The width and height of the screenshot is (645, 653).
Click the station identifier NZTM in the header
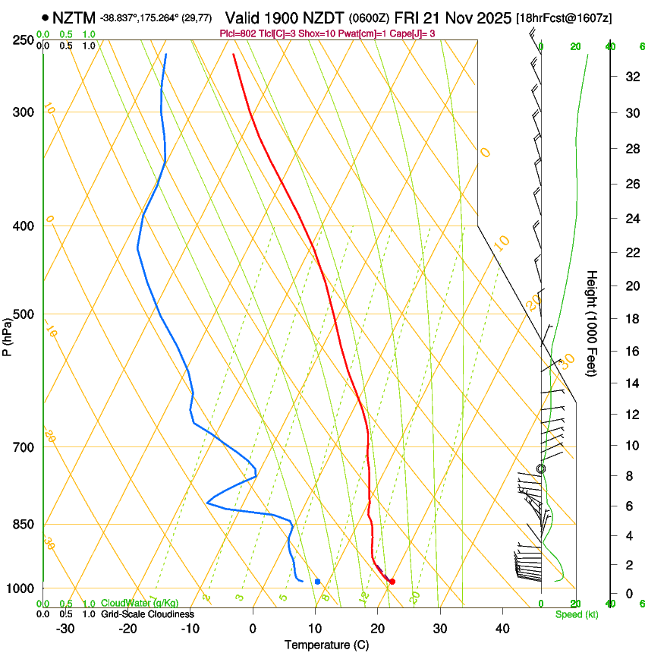pos(74,17)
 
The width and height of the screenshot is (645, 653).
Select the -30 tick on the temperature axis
pos(65,629)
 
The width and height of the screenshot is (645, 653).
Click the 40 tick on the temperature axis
pos(502,629)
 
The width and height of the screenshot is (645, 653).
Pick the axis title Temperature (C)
pos(326,645)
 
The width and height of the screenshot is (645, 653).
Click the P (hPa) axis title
pos(8,335)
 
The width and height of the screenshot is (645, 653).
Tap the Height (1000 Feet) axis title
pos(592,323)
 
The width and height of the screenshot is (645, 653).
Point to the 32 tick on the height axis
pos(630,76)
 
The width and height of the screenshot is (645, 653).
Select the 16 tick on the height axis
pos(630,352)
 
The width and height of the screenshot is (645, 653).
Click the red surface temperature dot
pos(392,582)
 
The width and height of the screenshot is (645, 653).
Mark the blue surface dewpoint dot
pos(318,582)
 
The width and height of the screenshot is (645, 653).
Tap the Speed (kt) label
pos(576,614)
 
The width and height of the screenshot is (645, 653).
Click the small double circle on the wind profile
pos(541,469)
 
